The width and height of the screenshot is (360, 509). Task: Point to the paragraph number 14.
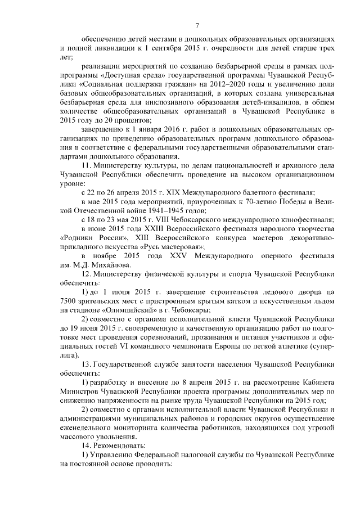click(x=86, y=444)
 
